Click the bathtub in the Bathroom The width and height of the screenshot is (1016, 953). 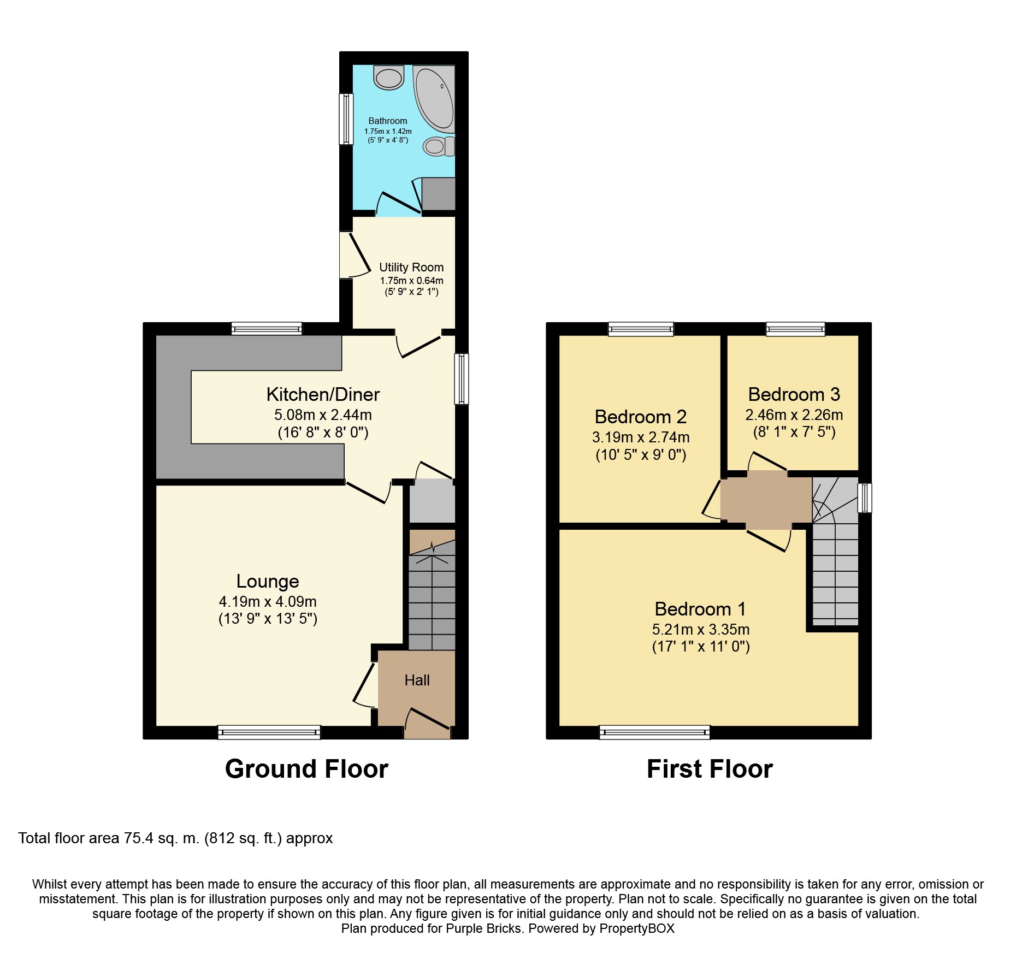click(434, 99)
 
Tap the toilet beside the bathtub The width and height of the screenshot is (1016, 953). click(440, 146)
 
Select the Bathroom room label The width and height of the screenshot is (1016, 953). click(388, 121)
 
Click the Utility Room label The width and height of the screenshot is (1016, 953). click(411, 267)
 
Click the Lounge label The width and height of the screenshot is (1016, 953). click(268, 581)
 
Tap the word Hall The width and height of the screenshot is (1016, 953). click(417, 680)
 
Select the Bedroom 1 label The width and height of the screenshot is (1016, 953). click(700, 608)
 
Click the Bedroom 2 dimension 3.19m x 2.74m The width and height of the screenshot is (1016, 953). click(641, 437)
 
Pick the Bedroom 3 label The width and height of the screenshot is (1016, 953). click(794, 394)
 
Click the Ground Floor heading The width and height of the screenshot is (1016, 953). click(306, 769)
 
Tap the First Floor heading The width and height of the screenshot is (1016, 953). click(710, 769)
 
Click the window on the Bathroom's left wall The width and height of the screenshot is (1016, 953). click(346, 119)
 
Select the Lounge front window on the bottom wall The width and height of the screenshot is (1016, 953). click(269, 732)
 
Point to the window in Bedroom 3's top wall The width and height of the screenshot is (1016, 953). click(795, 329)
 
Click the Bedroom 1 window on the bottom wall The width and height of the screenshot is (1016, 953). click(655, 732)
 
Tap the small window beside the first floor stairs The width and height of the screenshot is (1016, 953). click(865, 498)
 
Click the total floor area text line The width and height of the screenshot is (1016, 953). click(175, 838)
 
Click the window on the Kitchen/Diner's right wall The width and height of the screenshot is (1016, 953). click(462, 378)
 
